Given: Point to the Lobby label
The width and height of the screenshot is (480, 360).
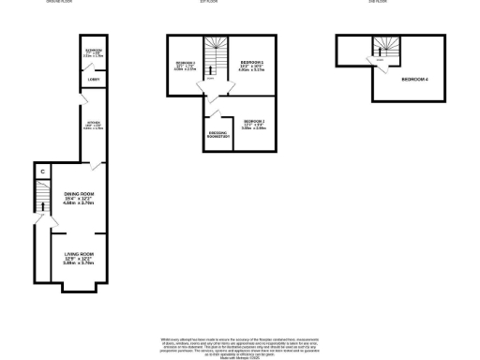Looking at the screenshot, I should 94,80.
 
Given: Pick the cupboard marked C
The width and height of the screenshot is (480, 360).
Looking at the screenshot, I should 42,172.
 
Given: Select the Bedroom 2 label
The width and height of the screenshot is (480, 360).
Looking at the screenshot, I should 253,122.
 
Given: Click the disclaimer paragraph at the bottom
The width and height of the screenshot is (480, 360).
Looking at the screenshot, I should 240,343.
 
